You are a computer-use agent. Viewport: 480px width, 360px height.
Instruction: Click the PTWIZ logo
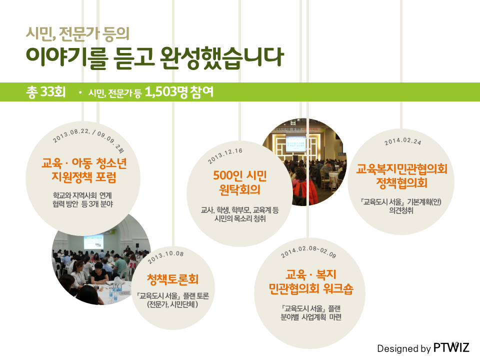pos(451,348)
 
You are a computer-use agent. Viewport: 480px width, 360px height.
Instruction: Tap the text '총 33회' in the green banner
pos(46,92)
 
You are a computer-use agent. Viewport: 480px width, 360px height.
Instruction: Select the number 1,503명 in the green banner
pos(166,92)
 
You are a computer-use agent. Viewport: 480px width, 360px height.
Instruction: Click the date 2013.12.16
pos(225,155)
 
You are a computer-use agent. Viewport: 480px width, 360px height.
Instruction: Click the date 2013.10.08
pos(165,257)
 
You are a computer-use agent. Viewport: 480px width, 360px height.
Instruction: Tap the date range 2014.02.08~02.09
pos(308,251)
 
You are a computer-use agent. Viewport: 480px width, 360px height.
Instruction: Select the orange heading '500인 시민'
pos(240,175)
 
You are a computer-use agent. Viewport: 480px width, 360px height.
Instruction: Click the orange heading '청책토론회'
pos(173,279)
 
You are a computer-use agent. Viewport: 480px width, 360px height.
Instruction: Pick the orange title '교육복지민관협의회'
pos(401,168)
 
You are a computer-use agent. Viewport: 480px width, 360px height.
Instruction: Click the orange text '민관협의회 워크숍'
pos(311,288)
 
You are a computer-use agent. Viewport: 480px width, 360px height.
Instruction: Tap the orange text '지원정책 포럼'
pos(84,177)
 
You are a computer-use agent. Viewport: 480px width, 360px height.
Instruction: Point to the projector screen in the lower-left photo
pos(93,242)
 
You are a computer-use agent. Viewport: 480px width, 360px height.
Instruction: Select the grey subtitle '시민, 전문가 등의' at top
pos(78,33)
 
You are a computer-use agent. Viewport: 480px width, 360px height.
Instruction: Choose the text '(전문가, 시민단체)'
pos(172,304)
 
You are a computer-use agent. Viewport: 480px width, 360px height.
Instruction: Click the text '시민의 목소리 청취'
pos(240,218)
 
